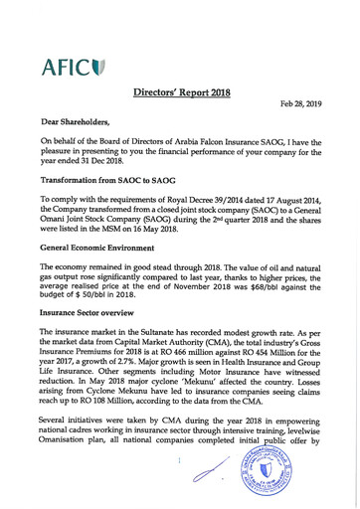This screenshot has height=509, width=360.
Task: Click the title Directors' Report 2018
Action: [x=182, y=93]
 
